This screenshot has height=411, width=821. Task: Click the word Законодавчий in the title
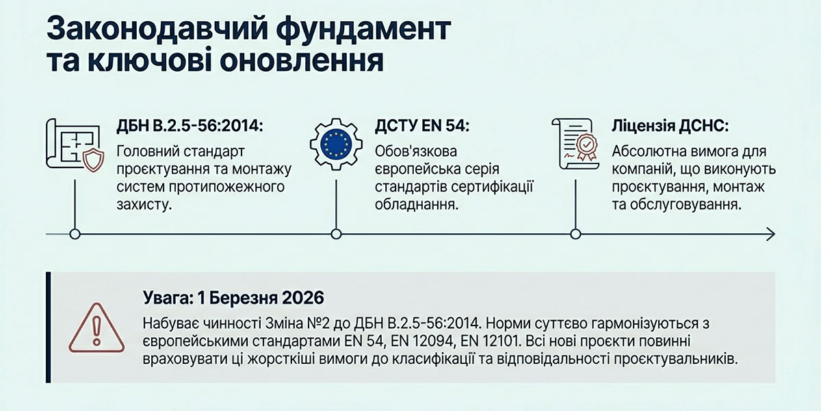click(158, 29)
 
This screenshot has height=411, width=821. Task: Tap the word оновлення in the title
click(302, 60)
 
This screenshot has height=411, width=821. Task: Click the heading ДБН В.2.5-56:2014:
click(190, 126)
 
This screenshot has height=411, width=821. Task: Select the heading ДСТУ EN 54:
click(422, 126)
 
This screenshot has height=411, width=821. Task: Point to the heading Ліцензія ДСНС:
click(670, 126)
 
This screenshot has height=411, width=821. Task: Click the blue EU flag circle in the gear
click(336, 144)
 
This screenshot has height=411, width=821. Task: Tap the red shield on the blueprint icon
click(93, 161)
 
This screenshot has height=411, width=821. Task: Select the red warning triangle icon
click(96, 328)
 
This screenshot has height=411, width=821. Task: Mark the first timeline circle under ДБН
click(75, 234)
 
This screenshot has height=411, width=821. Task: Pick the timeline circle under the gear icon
click(336, 234)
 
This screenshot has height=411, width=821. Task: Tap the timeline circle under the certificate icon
click(575, 234)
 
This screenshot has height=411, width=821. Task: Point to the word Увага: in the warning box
click(168, 297)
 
